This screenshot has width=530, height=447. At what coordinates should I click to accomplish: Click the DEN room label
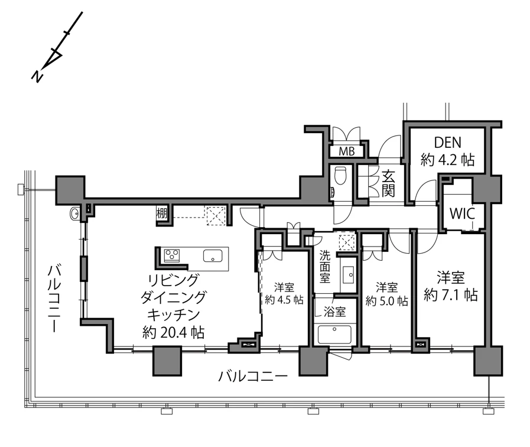(x=447, y=142)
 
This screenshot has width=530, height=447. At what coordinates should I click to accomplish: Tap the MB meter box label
(x=347, y=151)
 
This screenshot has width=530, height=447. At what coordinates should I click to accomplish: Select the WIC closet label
(x=462, y=213)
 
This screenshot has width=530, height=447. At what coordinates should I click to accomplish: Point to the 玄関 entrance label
(x=388, y=183)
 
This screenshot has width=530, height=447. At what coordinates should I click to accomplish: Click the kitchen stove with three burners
(x=172, y=255)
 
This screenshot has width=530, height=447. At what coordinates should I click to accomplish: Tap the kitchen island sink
(x=213, y=255)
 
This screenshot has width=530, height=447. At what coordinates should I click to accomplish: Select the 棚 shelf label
(x=161, y=213)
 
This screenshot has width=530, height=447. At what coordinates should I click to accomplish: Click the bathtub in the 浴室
(x=334, y=333)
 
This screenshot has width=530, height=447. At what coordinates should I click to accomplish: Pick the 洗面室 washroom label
(x=325, y=267)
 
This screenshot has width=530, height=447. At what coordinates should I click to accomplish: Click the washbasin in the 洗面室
(x=348, y=274)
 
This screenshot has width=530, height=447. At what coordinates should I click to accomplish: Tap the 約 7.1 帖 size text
(x=451, y=296)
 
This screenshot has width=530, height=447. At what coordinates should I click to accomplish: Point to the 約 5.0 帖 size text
(x=386, y=301)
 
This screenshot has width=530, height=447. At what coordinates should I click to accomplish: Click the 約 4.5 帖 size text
(x=284, y=300)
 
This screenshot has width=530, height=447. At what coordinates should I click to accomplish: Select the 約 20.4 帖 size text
(x=173, y=333)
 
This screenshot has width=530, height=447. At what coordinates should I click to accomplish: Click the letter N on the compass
(x=37, y=76)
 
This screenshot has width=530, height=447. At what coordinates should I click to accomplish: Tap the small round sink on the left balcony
(x=74, y=213)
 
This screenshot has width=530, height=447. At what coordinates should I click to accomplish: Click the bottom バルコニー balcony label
(x=252, y=376)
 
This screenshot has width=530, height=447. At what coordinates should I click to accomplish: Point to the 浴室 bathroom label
(x=334, y=312)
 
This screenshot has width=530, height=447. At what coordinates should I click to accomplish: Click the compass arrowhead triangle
(x=54, y=58)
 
